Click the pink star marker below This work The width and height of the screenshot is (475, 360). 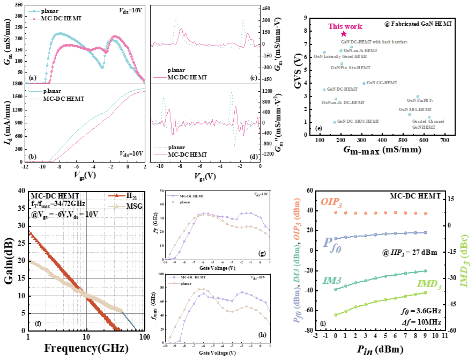click(x=344, y=34)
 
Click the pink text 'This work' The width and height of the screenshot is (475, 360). click(x=345, y=26)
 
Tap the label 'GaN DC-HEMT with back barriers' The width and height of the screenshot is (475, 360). click(x=374, y=41)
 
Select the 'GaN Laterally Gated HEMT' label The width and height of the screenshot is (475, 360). click(x=340, y=56)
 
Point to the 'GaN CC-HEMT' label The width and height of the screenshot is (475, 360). click(x=382, y=83)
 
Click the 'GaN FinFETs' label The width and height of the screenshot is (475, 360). click(x=420, y=100)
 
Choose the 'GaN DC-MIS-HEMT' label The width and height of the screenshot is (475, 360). click(x=358, y=122)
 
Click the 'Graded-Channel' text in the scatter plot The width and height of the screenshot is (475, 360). click(x=428, y=122)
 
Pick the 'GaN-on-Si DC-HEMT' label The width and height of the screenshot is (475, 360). click(x=343, y=102)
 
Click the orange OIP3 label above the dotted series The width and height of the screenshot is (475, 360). click(x=332, y=202)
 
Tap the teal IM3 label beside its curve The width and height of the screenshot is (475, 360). click(x=332, y=280)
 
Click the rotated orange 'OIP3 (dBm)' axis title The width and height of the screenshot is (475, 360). click(x=296, y=219)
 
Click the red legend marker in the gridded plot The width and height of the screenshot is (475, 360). click(x=117, y=195)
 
